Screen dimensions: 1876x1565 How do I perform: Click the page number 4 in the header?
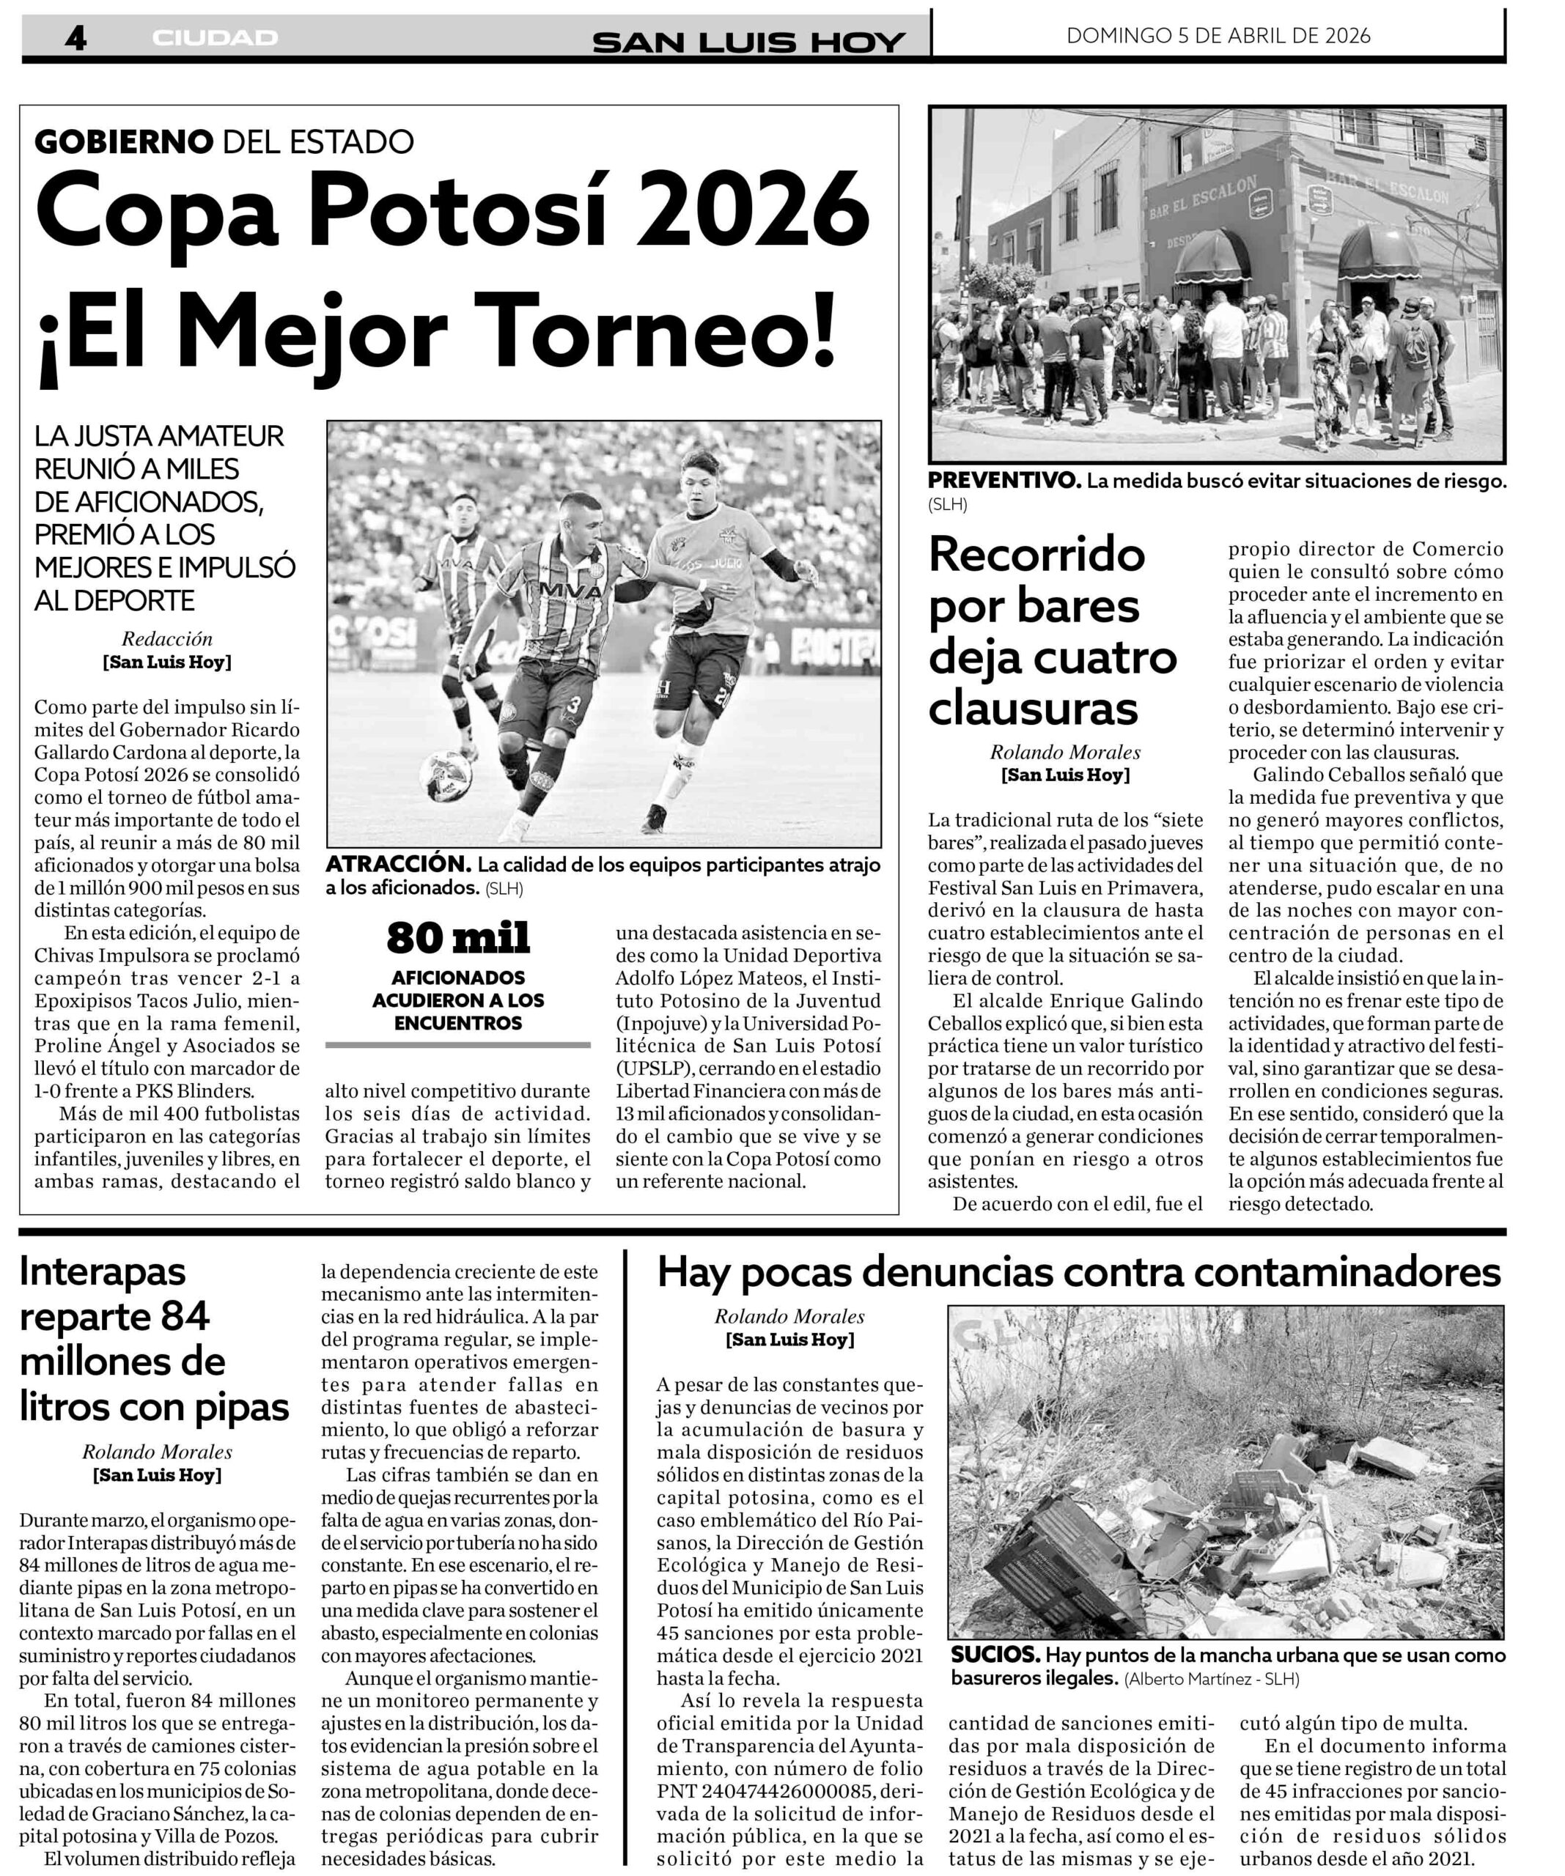coord(75,37)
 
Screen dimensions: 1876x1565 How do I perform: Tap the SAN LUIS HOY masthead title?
coord(748,41)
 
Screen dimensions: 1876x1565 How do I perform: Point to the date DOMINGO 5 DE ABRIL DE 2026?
coord(1218,36)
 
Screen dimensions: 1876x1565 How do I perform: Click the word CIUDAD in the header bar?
coord(215,37)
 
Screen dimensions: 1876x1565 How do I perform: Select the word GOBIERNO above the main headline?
coord(124,141)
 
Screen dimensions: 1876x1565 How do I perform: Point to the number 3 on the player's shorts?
coord(573,706)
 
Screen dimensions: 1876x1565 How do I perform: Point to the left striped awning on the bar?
coord(1212,254)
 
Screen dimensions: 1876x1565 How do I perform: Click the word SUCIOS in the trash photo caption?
coord(994,1655)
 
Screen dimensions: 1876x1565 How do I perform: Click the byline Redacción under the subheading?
coord(167,639)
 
